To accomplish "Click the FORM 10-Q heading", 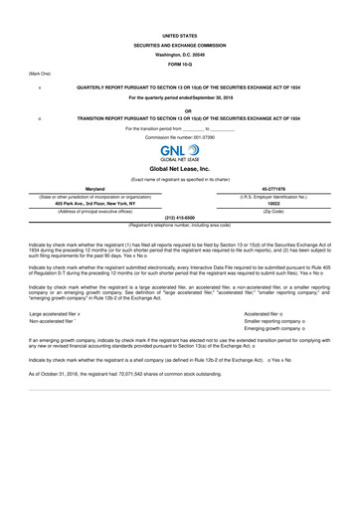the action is [180, 65].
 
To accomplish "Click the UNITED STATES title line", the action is [180, 35].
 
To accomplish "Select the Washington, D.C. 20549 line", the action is [180, 55].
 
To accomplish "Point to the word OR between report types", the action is [180, 110].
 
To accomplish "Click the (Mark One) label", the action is [40, 74].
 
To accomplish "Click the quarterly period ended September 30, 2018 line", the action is [180, 97].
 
